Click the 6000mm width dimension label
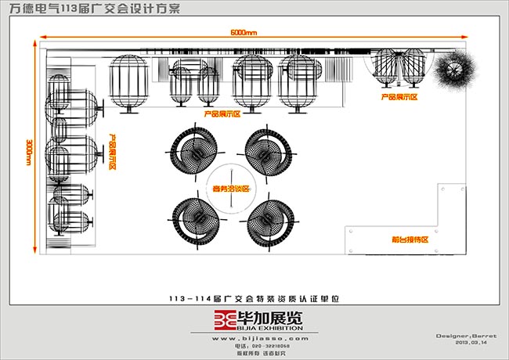244,32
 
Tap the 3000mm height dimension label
28,149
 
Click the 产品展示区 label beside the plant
399,98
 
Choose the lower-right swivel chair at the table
266,218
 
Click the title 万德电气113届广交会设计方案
94,9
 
